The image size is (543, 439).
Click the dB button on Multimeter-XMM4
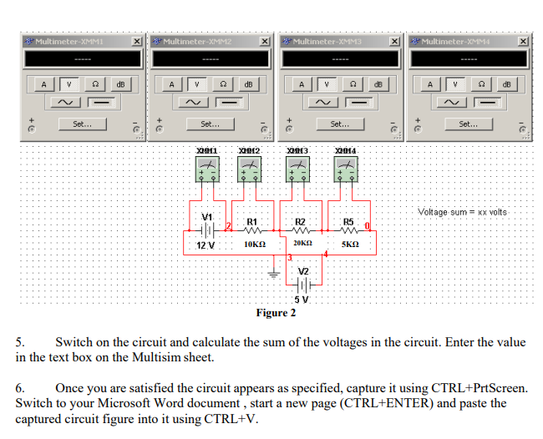509,84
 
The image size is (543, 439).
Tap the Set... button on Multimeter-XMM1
82,124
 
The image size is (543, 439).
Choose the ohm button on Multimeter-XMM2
223,84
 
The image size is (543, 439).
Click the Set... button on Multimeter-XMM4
468,124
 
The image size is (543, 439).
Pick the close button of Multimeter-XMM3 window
395,41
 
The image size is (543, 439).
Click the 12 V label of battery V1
205,245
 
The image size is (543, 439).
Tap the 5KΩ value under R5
351,245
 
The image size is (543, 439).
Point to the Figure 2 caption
276,314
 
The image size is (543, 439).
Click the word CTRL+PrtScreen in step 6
479,388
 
